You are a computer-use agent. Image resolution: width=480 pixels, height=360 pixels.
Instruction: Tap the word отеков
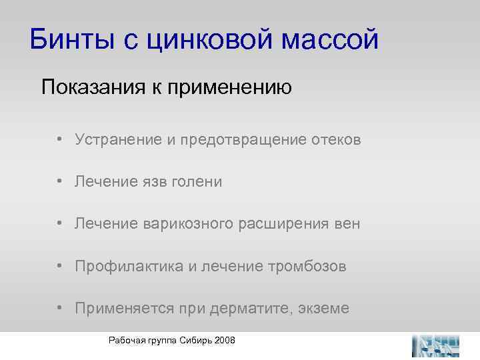point(336,140)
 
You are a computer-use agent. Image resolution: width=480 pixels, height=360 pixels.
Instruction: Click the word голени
point(198,182)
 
